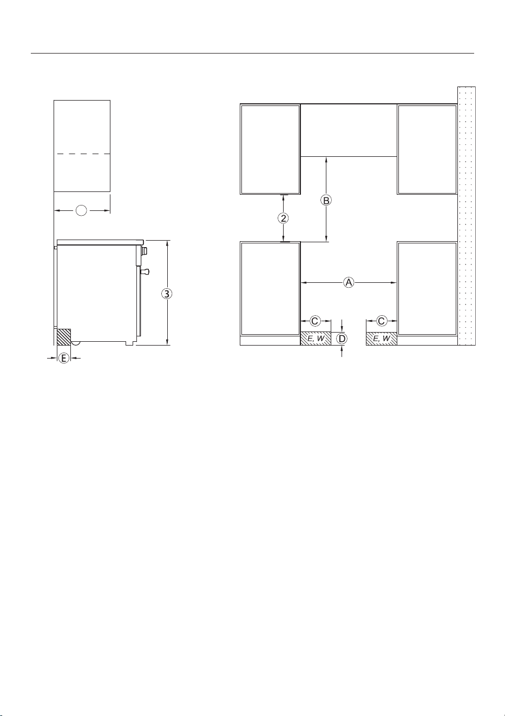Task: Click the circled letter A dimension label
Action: (349, 282)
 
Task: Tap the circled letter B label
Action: (326, 201)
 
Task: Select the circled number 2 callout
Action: (283, 218)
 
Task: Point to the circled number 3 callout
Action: (167, 294)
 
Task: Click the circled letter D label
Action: (342, 339)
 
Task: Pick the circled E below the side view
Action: (64, 358)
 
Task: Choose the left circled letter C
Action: (315, 321)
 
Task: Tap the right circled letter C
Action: (382, 321)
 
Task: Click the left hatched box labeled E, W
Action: (316, 339)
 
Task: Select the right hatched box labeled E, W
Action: (382, 339)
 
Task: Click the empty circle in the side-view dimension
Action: (81, 210)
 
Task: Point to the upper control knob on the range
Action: (145, 251)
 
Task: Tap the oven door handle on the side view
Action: (145, 271)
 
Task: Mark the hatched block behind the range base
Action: (64, 337)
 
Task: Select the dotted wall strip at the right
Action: (466, 216)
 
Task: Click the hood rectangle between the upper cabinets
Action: (349, 130)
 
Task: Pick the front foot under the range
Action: (129, 343)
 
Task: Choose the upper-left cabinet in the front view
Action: (270, 149)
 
